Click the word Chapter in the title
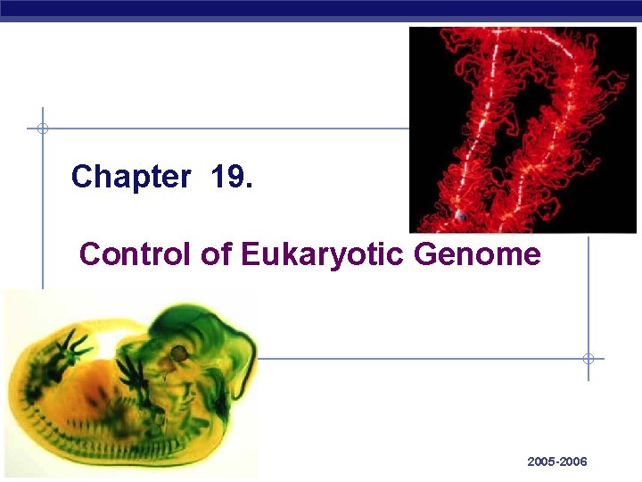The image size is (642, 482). click(130, 177)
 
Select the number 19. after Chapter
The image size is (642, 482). click(232, 177)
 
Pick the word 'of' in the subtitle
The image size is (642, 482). click(215, 254)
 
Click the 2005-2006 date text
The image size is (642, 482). click(556, 461)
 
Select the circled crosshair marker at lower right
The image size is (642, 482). click(588, 359)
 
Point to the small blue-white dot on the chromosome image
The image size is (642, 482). click(460, 216)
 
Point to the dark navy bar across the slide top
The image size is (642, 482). click(321, 8)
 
